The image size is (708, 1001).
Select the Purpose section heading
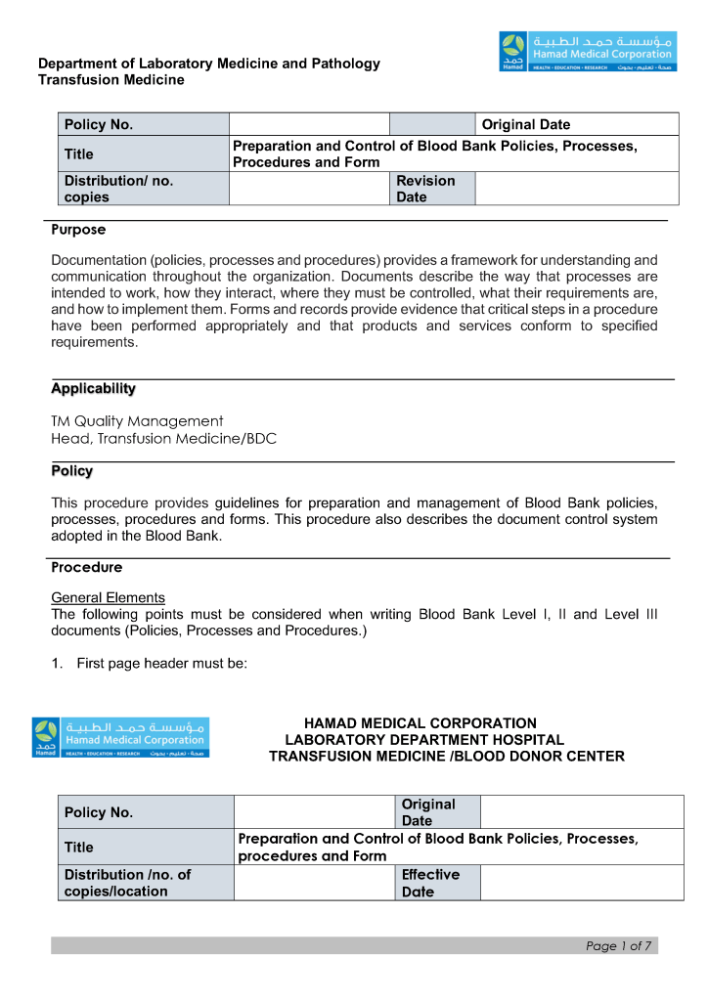[x=78, y=231]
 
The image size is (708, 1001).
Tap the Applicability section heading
[x=93, y=389]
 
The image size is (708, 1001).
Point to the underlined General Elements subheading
[x=108, y=597]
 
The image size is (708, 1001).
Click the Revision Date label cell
[x=431, y=189]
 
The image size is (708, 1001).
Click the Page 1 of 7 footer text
[x=618, y=945]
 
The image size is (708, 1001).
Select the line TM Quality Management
[x=137, y=421]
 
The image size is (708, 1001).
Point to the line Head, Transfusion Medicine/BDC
[x=163, y=439]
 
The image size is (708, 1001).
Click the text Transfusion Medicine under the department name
[x=111, y=80]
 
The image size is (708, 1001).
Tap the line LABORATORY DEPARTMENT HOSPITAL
[x=424, y=740]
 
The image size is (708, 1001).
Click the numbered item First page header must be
[x=161, y=664]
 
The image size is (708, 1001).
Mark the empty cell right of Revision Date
[x=576, y=189]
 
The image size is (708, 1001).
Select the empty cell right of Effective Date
[x=581, y=883]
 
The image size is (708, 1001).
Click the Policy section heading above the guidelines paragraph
[x=71, y=471]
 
